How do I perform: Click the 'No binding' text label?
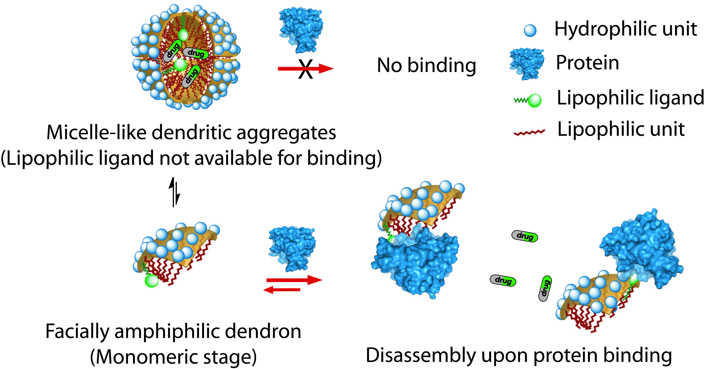[x=426, y=66]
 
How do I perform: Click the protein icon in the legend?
[x=527, y=63]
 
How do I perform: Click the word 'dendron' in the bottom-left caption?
[x=263, y=331]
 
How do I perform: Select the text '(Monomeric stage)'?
[x=173, y=357]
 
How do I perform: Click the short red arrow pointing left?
[x=282, y=290]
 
